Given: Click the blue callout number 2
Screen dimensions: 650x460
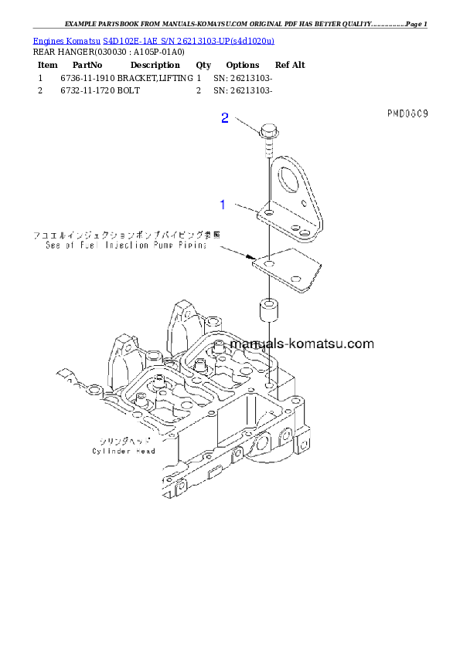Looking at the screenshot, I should (225, 118).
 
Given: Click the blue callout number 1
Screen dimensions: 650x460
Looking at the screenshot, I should (223, 205).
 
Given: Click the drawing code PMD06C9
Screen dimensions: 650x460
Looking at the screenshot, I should (407, 114).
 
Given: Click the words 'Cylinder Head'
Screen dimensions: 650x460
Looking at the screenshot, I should (124, 451).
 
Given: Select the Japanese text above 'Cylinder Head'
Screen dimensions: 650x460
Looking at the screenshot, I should (124, 441).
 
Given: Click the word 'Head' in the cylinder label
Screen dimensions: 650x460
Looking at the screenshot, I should (145, 451).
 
